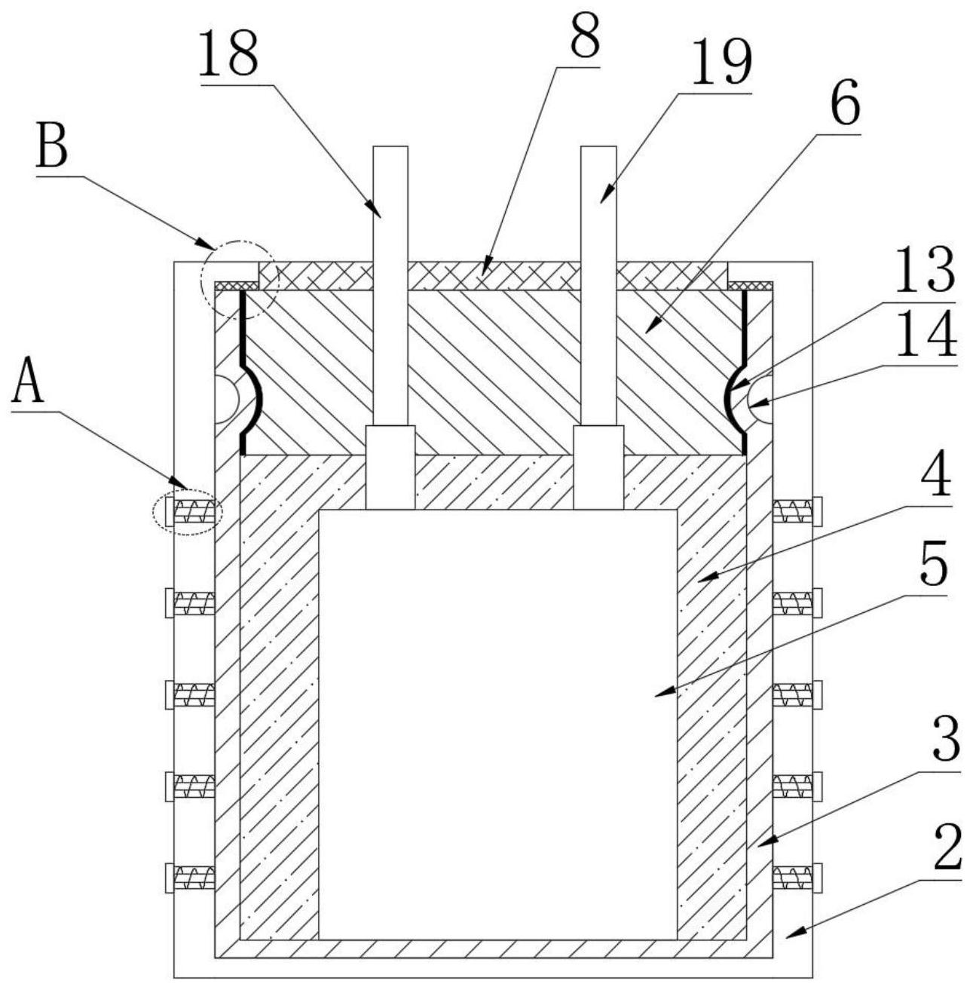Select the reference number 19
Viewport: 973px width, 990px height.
click(x=721, y=64)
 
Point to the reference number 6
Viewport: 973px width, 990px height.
click(x=844, y=106)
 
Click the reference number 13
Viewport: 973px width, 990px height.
click(x=924, y=268)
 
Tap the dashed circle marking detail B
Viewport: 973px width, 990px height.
click(x=239, y=280)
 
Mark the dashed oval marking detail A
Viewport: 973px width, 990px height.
click(x=188, y=513)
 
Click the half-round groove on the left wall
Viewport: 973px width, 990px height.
click(x=225, y=399)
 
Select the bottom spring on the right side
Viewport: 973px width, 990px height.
click(x=793, y=878)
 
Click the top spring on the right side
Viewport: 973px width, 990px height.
click(x=793, y=512)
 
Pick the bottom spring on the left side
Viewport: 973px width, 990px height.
click(x=194, y=878)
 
